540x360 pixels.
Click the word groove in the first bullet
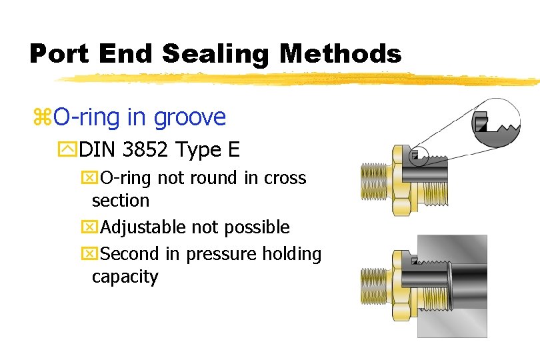point(190,118)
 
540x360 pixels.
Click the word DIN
point(95,149)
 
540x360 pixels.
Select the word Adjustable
point(143,227)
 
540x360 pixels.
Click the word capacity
point(125,277)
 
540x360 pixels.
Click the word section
point(120,200)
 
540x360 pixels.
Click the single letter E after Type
point(233,149)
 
